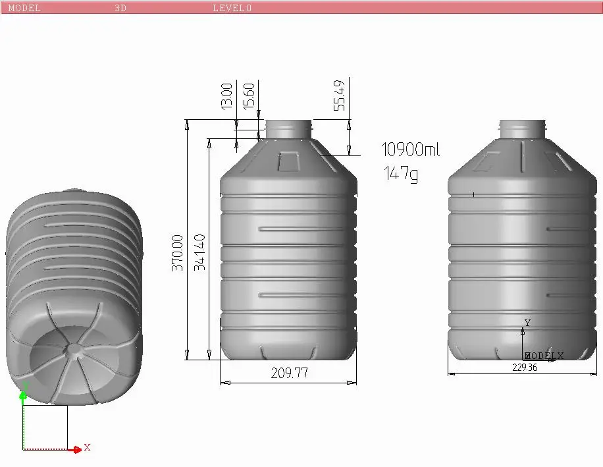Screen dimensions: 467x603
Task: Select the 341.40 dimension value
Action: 200,252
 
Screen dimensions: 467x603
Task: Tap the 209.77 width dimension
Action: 289,373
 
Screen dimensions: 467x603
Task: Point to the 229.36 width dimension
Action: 525,368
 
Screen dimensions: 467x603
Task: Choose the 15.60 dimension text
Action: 249,96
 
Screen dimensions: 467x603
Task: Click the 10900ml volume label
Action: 411,150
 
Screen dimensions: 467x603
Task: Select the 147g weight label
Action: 401,174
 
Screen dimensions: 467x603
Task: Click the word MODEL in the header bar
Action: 24,8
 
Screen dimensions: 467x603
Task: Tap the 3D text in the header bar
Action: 120,8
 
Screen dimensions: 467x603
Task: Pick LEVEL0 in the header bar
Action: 232,8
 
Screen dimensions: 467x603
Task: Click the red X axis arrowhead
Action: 78,449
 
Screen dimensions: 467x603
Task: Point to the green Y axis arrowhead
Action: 23,394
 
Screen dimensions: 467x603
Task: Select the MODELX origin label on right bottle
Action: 544,356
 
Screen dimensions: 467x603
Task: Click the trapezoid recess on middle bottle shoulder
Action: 288,161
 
